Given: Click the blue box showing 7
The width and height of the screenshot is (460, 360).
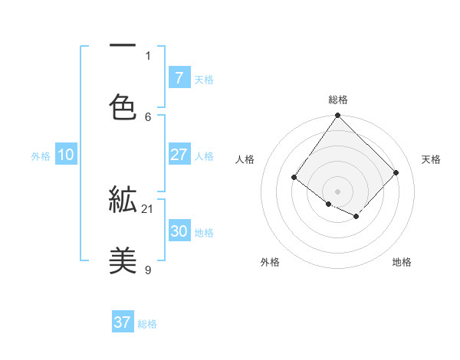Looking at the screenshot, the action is [179, 77].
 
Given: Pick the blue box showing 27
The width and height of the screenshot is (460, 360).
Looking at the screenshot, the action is [179, 155].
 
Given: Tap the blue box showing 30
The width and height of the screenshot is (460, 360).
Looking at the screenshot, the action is [179, 231].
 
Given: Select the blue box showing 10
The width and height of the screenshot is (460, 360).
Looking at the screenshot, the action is [66, 155].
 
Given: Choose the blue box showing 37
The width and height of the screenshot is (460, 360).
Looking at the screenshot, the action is [123, 322].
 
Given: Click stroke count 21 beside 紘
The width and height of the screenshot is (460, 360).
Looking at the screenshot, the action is [148, 208].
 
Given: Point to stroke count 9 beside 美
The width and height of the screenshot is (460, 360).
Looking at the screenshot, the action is [148, 270].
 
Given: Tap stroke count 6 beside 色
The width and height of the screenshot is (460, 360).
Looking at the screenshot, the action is [148, 116].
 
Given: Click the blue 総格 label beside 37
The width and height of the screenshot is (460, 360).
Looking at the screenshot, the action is [147, 324].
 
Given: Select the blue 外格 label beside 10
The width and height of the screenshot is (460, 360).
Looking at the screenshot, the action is [41, 156].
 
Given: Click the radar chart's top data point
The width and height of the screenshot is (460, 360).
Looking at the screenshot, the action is [337, 116].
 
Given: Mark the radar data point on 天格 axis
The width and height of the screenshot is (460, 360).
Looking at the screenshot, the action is [396, 172].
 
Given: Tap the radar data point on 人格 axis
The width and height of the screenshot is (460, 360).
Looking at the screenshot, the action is [294, 178].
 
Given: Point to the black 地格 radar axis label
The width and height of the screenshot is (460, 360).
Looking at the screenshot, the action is [402, 263].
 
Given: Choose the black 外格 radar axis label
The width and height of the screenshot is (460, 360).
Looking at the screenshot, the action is [270, 263].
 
